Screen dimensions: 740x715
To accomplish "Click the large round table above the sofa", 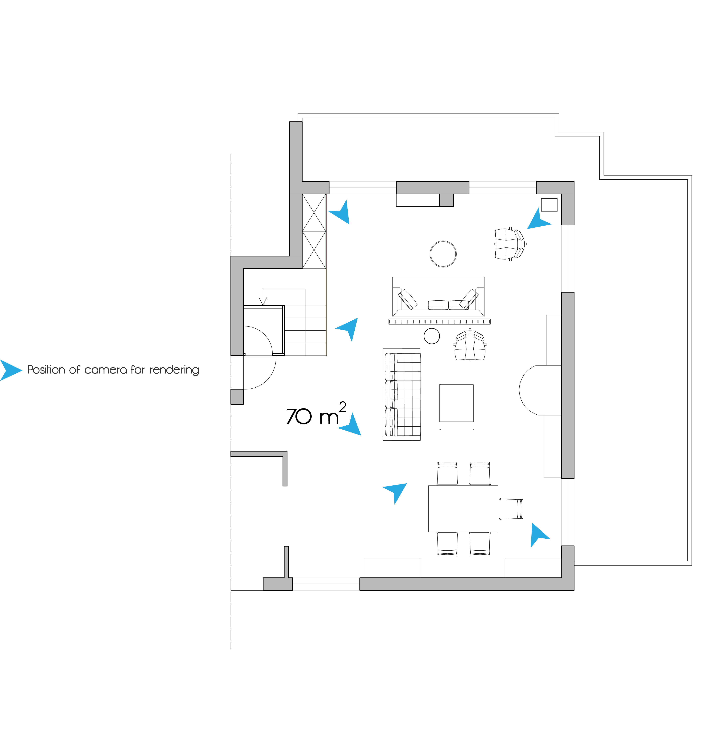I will [443, 254].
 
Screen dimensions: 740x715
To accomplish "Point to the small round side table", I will [432, 336].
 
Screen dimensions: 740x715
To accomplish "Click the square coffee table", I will [456, 403].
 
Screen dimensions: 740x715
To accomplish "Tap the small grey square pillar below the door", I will [237, 396].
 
